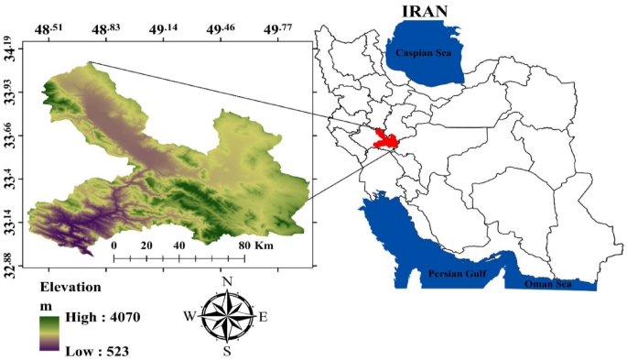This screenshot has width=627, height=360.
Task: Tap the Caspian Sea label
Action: click(x=427, y=54)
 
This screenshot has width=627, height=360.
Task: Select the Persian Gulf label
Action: click(x=457, y=274)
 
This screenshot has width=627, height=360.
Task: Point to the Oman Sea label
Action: click(x=547, y=284)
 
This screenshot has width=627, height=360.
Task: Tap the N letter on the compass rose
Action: click(x=227, y=281)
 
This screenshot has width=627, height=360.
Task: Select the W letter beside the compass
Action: click(x=189, y=317)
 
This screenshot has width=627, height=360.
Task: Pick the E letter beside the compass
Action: click(x=264, y=317)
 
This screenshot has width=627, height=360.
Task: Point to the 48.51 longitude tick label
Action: click(x=49, y=29)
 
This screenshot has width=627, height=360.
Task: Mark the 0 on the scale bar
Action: click(x=114, y=245)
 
